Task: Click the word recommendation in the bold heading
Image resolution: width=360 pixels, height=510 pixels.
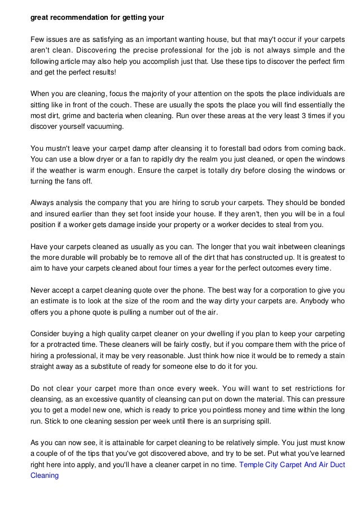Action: point(78,17)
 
